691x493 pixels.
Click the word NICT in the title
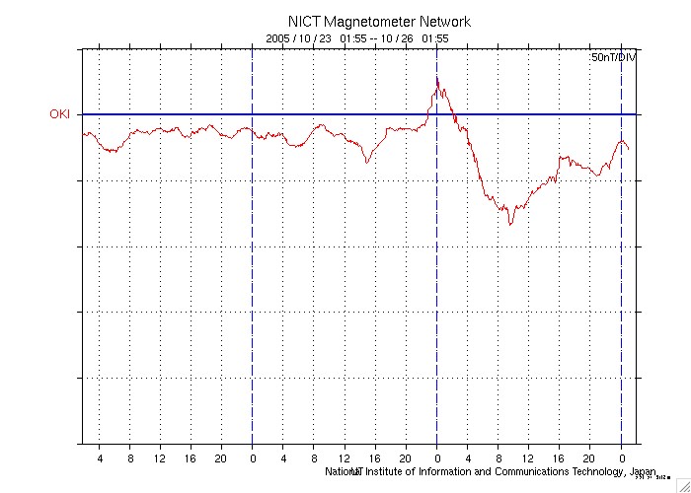pyautogui.click(x=304, y=22)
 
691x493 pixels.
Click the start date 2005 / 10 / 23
pyautogui.click(x=299, y=38)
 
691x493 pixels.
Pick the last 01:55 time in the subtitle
pyautogui.click(x=435, y=38)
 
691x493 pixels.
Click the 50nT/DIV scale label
pyautogui.click(x=614, y=59)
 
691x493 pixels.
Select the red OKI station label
pyautogui.click(x=61, y=114)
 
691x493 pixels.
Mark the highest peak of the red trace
pyautogui.click(x=437, y=78)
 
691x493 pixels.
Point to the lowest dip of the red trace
pyautogui.click(x=510, y=225)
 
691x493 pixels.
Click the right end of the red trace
pyautogui.click(x=629, y=150)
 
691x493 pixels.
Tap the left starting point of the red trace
pyautogui.click(x=84, y=133)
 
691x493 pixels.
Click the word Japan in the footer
pyautogui.click(x=642, y=471)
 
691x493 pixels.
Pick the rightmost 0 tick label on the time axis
pyautogui.click(x=622, y=458)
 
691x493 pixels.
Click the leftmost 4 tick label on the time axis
pyautogui.click(x=100, y=458)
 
